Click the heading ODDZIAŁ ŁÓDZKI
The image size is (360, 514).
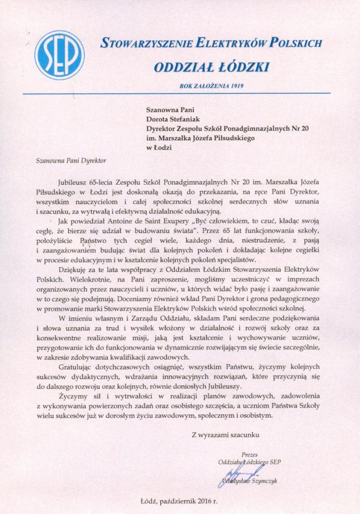211,66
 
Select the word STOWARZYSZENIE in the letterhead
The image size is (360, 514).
143,44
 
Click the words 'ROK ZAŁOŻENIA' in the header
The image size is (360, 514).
201,86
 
